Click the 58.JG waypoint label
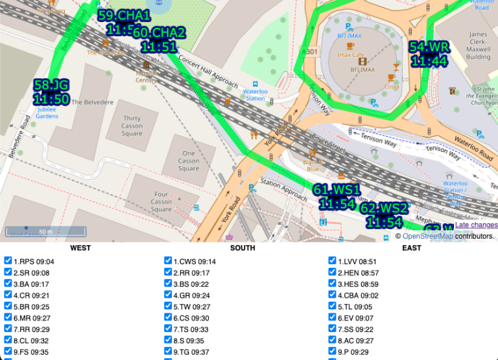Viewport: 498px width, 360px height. point(51,91)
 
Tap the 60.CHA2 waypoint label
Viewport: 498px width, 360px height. point(159,40)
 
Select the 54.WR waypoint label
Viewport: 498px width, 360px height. point(429,54)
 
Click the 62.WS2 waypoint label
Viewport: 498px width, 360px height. point(384,215)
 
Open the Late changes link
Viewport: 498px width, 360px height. point(476,225)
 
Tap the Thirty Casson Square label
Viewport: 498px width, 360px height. point(132,126)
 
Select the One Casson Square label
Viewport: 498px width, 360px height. point(189,161)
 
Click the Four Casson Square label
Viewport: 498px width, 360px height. point(161,201)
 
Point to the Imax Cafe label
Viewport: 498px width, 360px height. point(352,55)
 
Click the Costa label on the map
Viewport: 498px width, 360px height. point(392,86)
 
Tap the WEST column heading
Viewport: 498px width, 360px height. point(80,248)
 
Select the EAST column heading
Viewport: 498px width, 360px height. point(411,248)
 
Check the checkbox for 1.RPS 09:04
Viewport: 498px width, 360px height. point(8,261)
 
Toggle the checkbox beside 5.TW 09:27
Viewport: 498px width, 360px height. point(170,306)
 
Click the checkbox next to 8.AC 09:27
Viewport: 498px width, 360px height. point(333,340)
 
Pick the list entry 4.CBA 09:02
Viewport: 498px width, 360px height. point(356,295)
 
